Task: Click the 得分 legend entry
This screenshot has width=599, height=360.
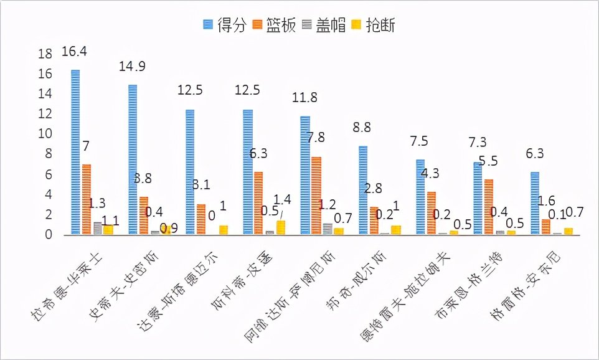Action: point(223,24)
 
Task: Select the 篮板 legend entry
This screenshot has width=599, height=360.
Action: point(274,24)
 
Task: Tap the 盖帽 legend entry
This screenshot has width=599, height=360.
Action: point(325,24)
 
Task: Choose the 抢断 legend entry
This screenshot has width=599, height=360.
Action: point(376,24)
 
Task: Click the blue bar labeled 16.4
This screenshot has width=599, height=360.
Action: point(75,152)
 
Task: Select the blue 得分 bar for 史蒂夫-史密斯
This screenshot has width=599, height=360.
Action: point(133,159)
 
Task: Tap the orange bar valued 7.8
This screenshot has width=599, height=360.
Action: point(316,196)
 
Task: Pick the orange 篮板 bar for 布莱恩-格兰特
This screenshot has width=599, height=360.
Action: point(489,207)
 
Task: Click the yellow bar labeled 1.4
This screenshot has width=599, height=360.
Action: point(281,227)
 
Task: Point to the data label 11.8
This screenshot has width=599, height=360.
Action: point(304,98)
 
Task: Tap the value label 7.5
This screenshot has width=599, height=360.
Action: point(418,141)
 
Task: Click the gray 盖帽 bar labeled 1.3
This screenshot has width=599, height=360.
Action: point(98,229)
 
